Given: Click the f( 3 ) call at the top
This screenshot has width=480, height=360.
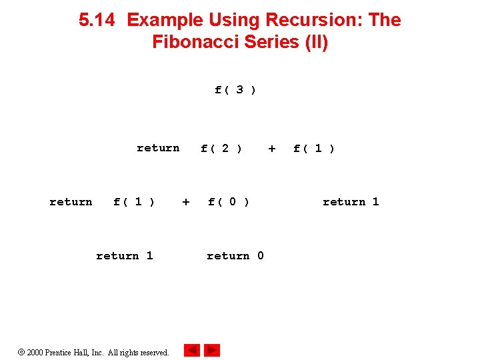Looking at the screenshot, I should tap(235, 89).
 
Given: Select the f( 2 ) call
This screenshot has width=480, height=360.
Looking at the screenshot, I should tap(221, 148).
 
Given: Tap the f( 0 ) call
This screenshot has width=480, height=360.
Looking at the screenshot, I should tap(229, 202).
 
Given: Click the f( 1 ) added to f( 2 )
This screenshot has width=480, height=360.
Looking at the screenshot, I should tap(314, 148).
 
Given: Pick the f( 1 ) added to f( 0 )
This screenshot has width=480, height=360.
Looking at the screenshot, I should tap(134, 202).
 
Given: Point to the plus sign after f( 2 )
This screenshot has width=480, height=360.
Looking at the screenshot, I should tap(271, 148).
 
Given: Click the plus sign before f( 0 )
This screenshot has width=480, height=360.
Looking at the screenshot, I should tap(186, 202).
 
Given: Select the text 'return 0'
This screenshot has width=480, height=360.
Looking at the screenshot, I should tap(235, 256).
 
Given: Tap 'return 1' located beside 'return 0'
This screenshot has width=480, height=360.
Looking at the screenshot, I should tap(124, 256).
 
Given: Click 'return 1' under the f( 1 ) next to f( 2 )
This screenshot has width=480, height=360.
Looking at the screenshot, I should tap(351, 202).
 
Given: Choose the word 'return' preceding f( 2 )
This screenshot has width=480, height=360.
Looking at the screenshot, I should tap(158, 148).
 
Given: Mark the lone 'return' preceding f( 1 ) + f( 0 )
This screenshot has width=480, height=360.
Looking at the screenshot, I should tap(71, 202).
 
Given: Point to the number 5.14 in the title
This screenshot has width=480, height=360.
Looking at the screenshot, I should tap(97, 20).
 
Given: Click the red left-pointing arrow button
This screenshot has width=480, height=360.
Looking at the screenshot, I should tap(192, 350).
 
